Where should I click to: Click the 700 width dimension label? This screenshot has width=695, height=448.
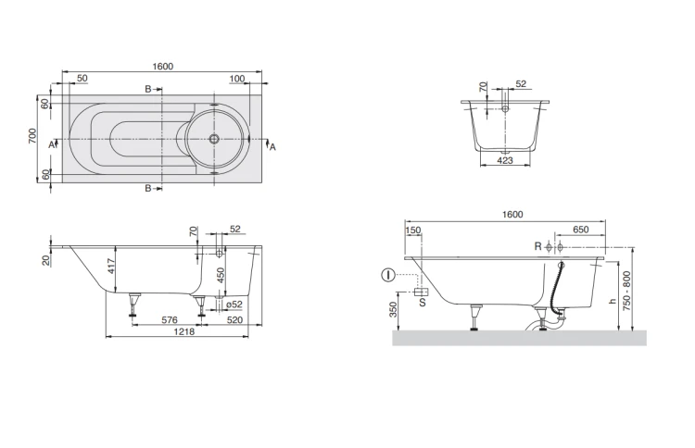[32, 136]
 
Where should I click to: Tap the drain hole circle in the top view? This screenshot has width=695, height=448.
[214, 139]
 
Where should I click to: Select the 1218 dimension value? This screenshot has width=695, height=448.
[184, 331]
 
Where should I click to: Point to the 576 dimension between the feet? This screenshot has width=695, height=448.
[170, 319]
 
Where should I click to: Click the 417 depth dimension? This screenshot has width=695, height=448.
[111, 266]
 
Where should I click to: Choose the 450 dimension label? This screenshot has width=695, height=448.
[221, 275]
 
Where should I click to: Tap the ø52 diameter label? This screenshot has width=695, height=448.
[234, 305]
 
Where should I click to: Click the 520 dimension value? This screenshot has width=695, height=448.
[234, 319]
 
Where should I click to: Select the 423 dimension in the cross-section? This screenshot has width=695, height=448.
[505, 160]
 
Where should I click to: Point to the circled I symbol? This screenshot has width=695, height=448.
[388, 275]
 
